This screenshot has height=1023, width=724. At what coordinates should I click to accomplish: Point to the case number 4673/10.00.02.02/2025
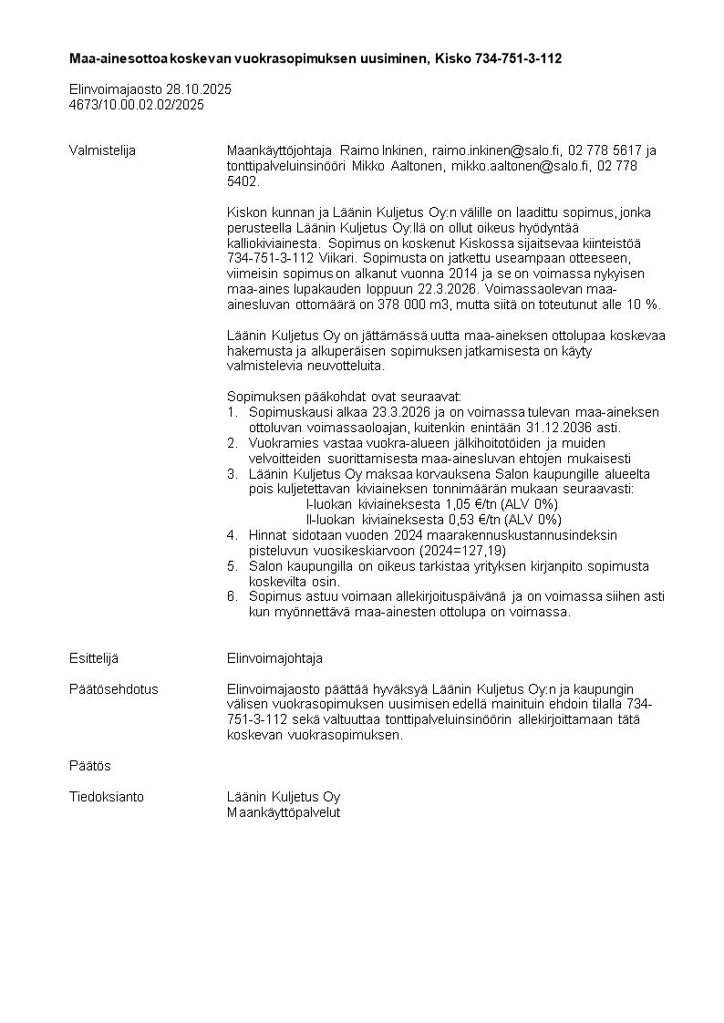137,105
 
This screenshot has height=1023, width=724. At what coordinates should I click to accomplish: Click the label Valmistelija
102,150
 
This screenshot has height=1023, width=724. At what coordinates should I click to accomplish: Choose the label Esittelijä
94,658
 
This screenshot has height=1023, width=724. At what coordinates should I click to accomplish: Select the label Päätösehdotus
113,689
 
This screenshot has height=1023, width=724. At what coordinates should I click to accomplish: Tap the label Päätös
89,766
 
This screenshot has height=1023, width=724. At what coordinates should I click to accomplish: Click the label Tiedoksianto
107,797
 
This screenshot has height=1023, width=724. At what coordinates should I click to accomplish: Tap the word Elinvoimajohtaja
274,658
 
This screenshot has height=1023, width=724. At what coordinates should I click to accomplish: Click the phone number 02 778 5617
605,150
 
